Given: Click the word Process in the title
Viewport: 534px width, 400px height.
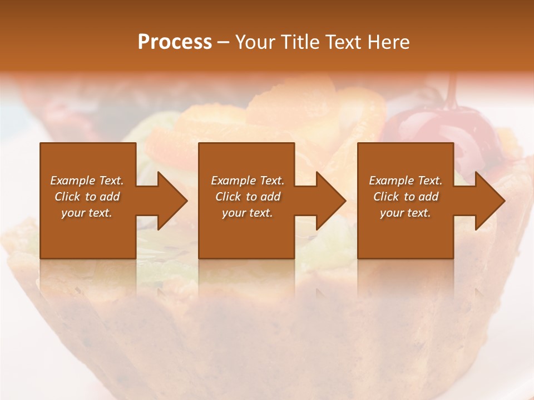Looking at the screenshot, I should pos(175,42).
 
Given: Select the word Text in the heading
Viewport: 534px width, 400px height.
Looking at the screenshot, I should pos(343,42).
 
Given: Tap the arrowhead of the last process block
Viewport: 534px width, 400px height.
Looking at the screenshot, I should pos(489,201).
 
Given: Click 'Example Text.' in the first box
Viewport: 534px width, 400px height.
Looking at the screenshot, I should pos(87,181).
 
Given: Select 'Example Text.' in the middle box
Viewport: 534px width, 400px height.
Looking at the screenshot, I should pos(248,181).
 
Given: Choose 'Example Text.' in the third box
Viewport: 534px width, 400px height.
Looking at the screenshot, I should pos(406,181).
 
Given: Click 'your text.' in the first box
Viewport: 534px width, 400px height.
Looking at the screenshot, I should pos(87,213).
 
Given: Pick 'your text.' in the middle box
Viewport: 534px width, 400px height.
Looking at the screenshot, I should pos(248,213).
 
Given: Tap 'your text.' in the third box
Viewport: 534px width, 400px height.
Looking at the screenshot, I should pos(406,213).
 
